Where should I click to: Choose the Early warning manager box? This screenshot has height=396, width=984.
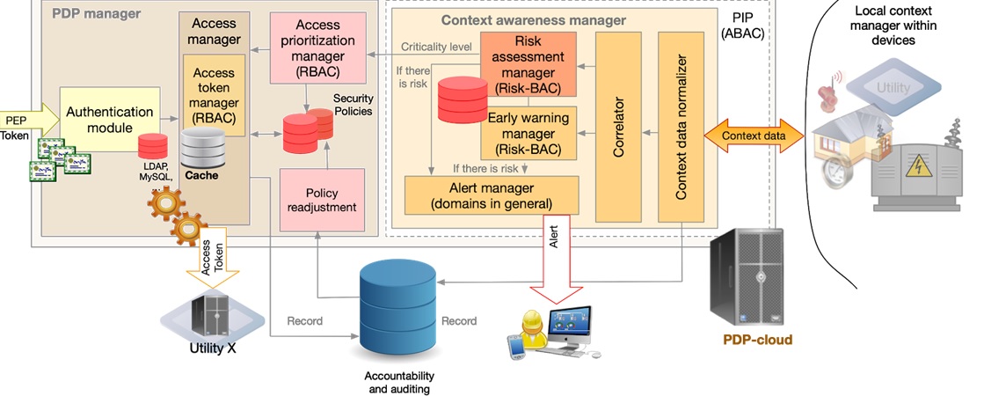coord(528,133)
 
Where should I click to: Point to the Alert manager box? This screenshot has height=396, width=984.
coord(492,194)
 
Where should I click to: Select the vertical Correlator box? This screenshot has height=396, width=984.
coord(619,127)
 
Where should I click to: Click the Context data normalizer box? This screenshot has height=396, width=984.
coord(682,127)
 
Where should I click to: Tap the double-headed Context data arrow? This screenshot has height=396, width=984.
coord(751,136)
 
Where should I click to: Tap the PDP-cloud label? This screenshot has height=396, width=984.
coord(757,341)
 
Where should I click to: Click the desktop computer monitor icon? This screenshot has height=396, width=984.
coord(569,326)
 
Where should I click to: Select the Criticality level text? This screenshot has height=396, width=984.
coord(437,46)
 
